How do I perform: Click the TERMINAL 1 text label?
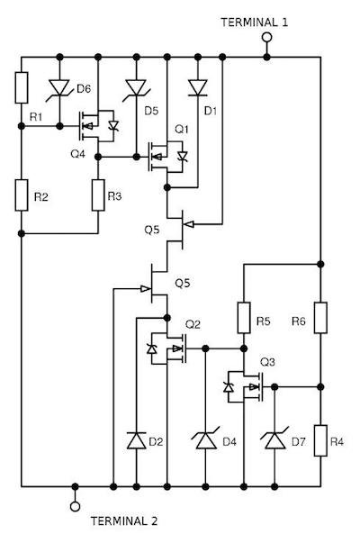tap(255, 19)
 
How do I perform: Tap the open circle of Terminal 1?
tap(266, 38)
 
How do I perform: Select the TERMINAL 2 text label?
tap(125, 521)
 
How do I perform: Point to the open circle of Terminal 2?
tap(75, 505)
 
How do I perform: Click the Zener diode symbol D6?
tap(60, 87)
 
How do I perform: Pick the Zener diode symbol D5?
tap(136, 87)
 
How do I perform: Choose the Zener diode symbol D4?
tap(206, 440)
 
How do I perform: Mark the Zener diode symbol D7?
tap(275, 440)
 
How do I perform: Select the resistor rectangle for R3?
tap(97, 194)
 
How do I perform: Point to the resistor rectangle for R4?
tap(321, 440)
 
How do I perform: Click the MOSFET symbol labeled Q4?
tap(94, 127)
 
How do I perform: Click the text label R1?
tap(35, 117)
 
